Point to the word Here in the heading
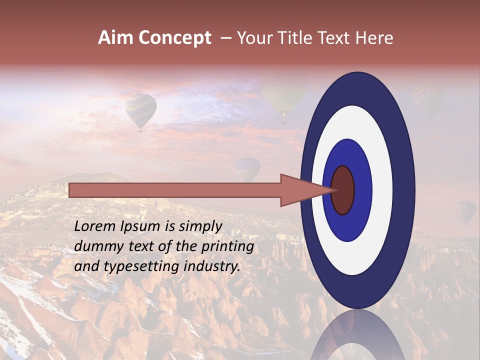tap(374, 38)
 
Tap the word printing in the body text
tap(228, 246)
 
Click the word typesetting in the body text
tap(142, 266)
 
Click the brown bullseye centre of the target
tap(343, 190)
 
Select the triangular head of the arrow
tap(300, 190)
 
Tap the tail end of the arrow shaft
tap(72, 190)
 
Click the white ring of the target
tap(382, 190)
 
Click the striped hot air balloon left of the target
tap(140, 110)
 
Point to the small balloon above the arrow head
tap(248, 169)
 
